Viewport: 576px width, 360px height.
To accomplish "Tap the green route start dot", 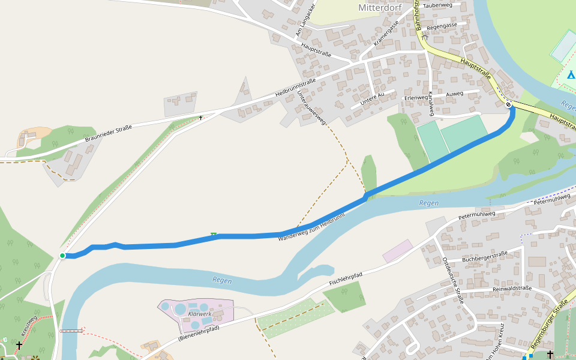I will click(x=62, y=256).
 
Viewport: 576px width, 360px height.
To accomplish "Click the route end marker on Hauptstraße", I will click(x=508, y=104).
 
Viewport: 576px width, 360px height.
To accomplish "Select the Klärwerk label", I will click(x=199, y=313).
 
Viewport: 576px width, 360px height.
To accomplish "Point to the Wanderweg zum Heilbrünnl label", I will click(x=311, y=227).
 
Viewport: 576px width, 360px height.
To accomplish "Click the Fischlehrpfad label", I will click(x=346, y=279).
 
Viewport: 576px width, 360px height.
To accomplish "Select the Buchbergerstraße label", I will click(x=485, y=256).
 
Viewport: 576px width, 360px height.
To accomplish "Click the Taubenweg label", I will click(x=437, y=5).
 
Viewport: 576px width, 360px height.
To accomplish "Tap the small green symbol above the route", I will click(x=213, y=234).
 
